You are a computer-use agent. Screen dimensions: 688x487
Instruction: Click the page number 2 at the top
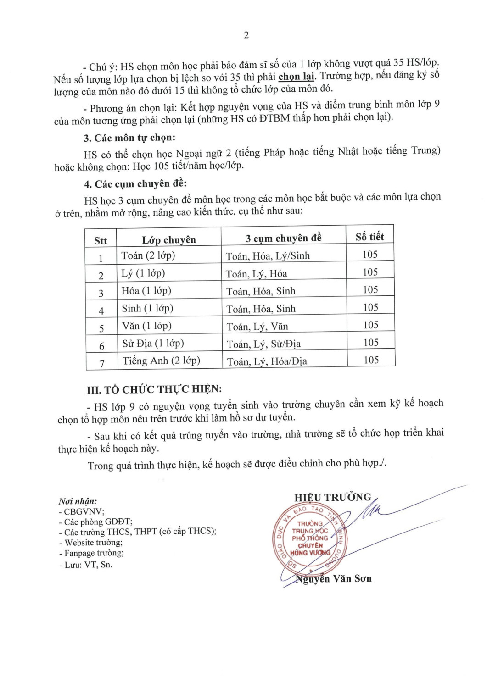click(x=246, y=35)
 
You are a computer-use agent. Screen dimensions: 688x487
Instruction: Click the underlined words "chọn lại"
click(x=296, y=76)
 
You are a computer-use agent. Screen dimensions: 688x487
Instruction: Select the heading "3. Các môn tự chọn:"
click(x=129, y=138)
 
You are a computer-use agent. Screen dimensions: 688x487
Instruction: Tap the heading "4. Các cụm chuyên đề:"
click(x=135, y=184)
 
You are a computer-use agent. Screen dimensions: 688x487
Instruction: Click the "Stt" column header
click(x=101, y=241)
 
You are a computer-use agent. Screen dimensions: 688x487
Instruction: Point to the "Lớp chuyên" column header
click(x=168, y=240)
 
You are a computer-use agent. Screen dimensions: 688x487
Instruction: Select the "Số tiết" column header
click(x=369, y=237)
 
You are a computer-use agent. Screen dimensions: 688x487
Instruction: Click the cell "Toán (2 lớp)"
click(x=148, y=255)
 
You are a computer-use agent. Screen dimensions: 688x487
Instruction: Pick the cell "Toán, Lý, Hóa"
click(x=256, y=274)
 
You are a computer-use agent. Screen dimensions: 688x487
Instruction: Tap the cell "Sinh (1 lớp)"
click(x=147, y=308)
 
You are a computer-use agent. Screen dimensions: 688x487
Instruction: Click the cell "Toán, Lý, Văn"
click(x=257, y=327)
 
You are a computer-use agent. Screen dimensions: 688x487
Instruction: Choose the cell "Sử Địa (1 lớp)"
click(x=153, y=343)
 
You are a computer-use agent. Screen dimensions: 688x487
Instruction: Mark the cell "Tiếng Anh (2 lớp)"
click(x=161, y=361)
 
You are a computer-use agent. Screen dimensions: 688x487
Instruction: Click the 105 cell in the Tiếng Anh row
click(x=371, y=360)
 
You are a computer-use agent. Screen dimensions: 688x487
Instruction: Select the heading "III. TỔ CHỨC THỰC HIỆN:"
click(x=154, y=389)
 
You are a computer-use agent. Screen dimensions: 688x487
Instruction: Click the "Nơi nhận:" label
click(x=78, y=501)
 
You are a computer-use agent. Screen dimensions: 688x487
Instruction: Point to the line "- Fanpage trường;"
click(x=91, y=553)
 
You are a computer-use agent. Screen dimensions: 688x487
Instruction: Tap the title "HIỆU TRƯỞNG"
click(x=333, y=498)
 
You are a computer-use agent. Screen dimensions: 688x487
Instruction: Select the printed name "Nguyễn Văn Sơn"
click(x=334, y=579)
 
